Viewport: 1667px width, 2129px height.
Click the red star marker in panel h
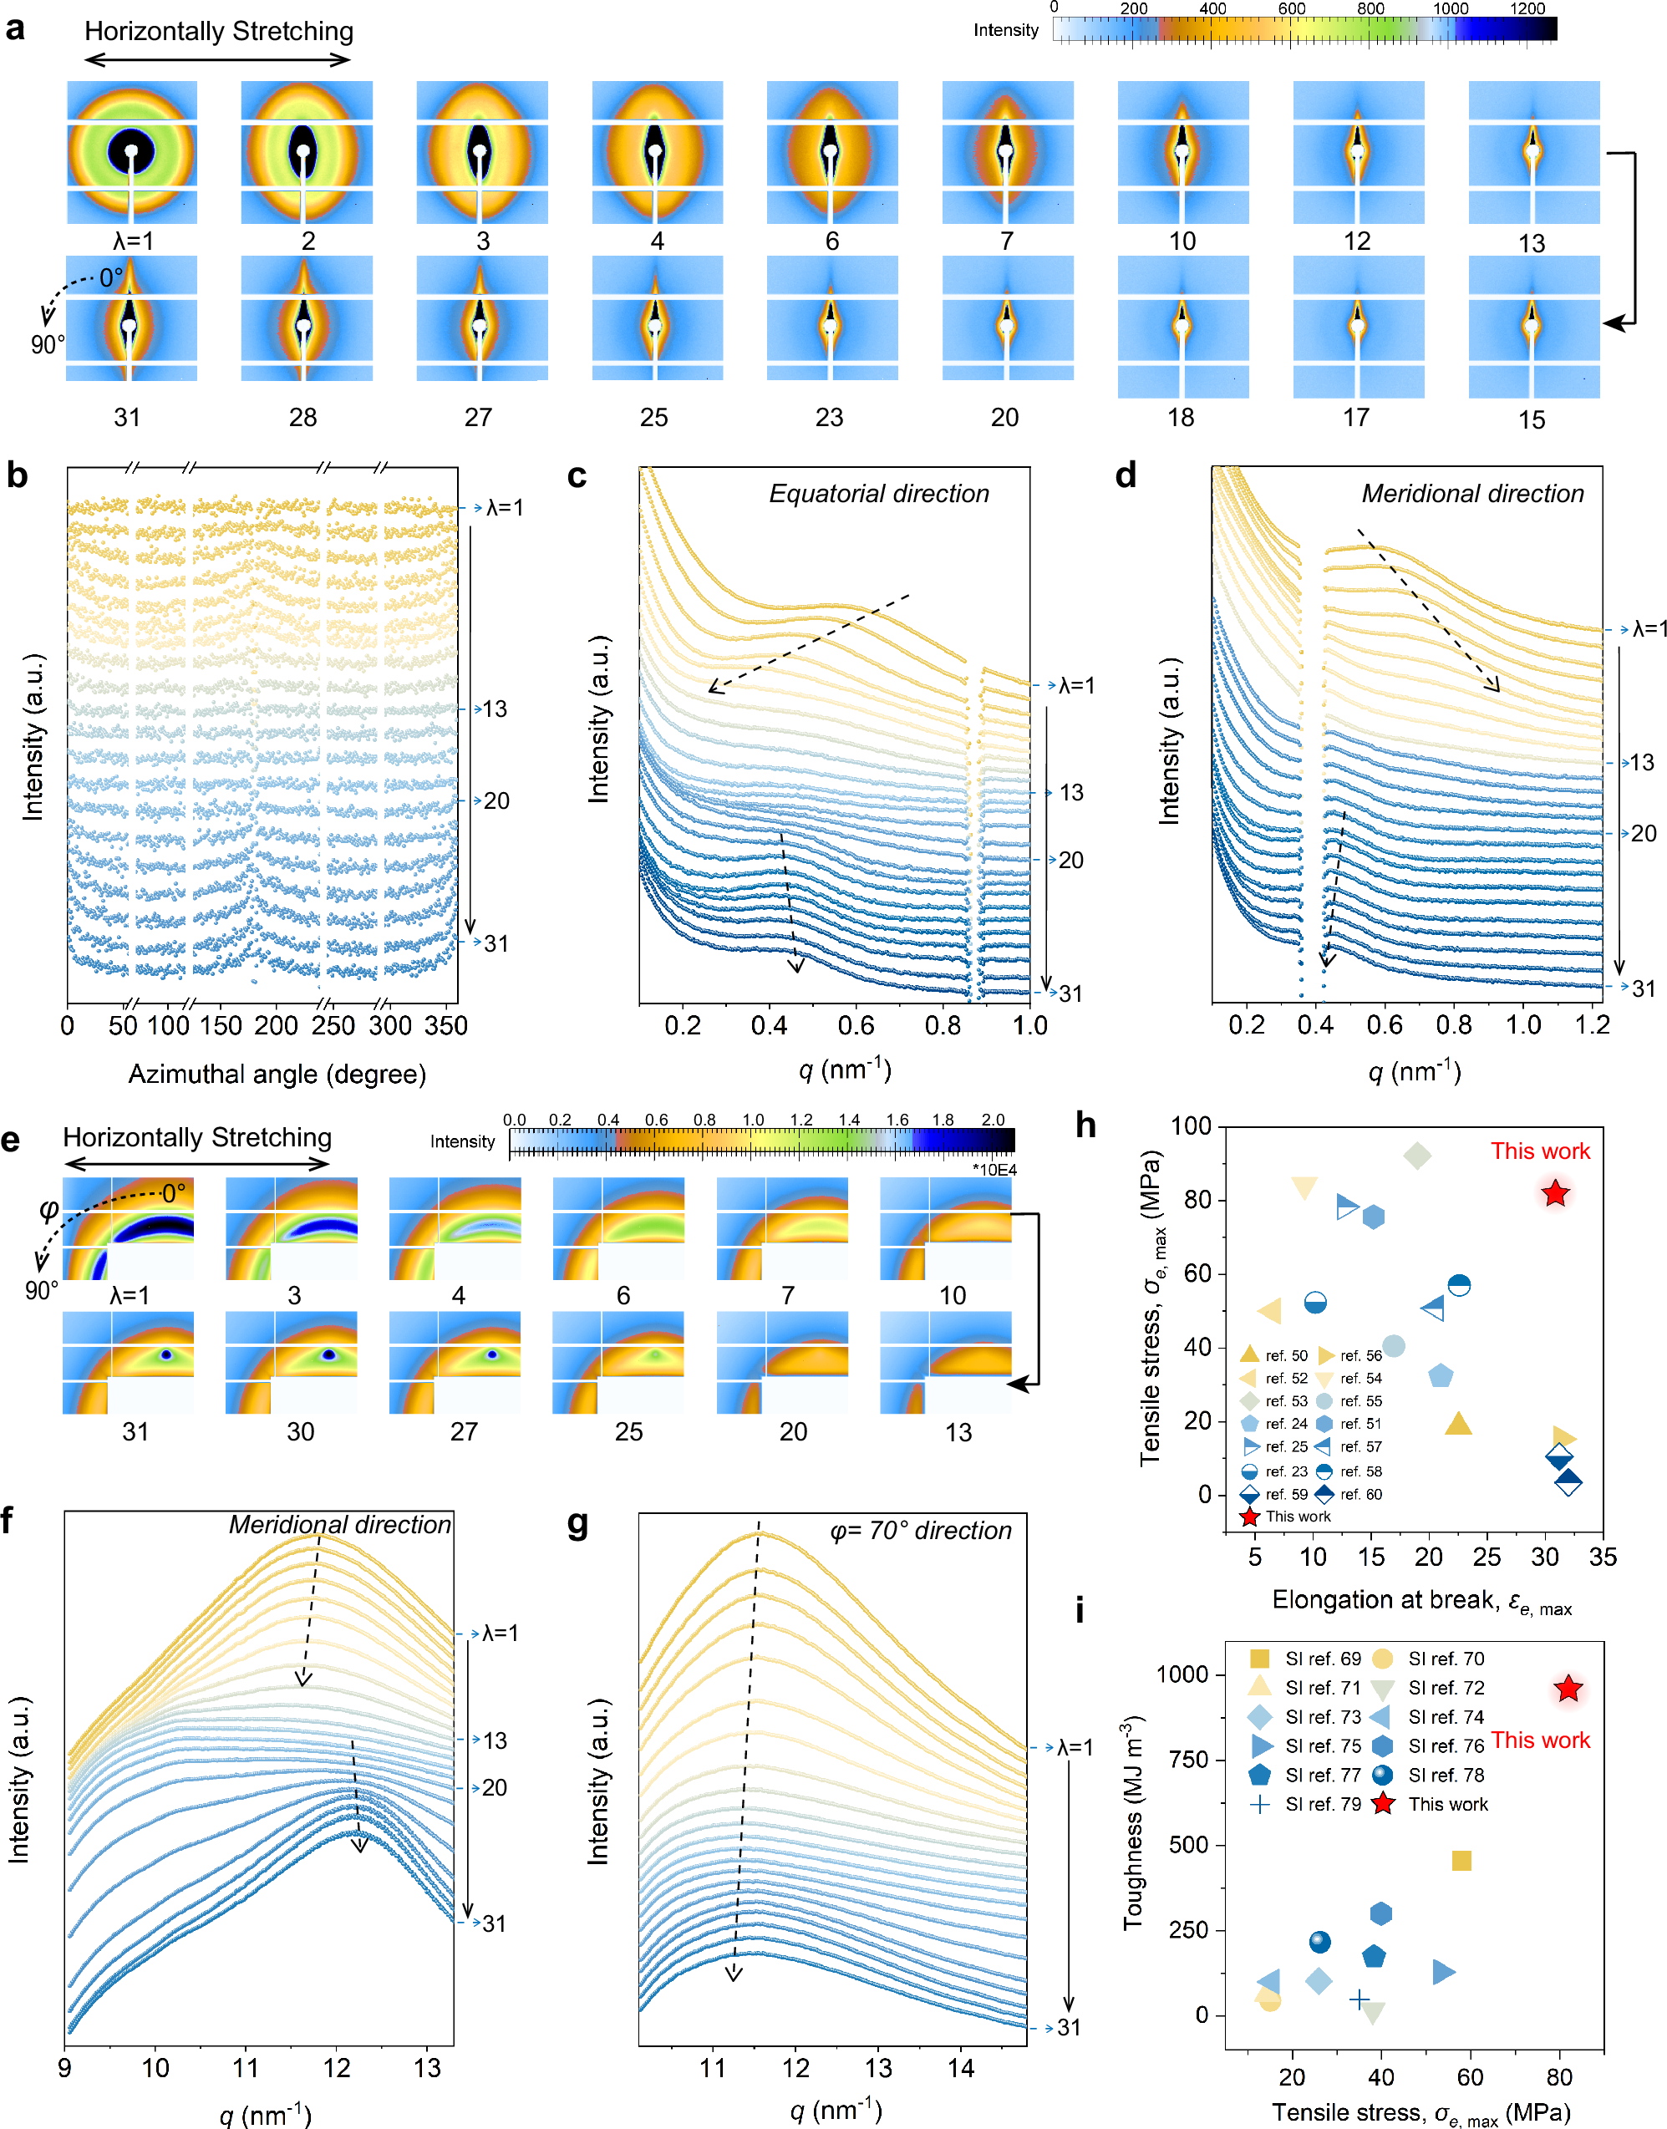click(x=1555, y=1193)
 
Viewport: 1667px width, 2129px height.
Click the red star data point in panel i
click(x=1568, y=1689)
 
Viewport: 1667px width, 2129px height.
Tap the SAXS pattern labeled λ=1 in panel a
click(x=132, y=152)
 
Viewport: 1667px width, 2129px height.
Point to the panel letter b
click(x=17, y=475)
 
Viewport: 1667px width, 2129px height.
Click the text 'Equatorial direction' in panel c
click(x=878, y=494)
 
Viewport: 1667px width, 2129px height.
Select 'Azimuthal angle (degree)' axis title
click(x=277, y=1075)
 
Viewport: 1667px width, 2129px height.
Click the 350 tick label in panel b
click(x=446, y=1025)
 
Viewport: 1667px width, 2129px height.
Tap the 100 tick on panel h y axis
click(x=1191, y=1126)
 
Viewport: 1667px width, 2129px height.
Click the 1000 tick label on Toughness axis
click(x=1182, y=1674)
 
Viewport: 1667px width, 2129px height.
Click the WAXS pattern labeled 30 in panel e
click(x=291, y=1362)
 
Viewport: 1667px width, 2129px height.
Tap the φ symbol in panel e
click(x=48, y=1210)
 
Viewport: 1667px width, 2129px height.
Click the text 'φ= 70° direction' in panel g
click(x=920, y=1531)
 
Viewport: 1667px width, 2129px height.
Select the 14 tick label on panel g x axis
click(x=960, y=2069)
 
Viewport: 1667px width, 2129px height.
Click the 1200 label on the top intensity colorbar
click(x=1527, y=9)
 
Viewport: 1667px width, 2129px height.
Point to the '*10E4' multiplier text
click(x=994, y=1170)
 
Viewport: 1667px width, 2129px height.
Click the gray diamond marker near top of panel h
click(x=1417, y=1156)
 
